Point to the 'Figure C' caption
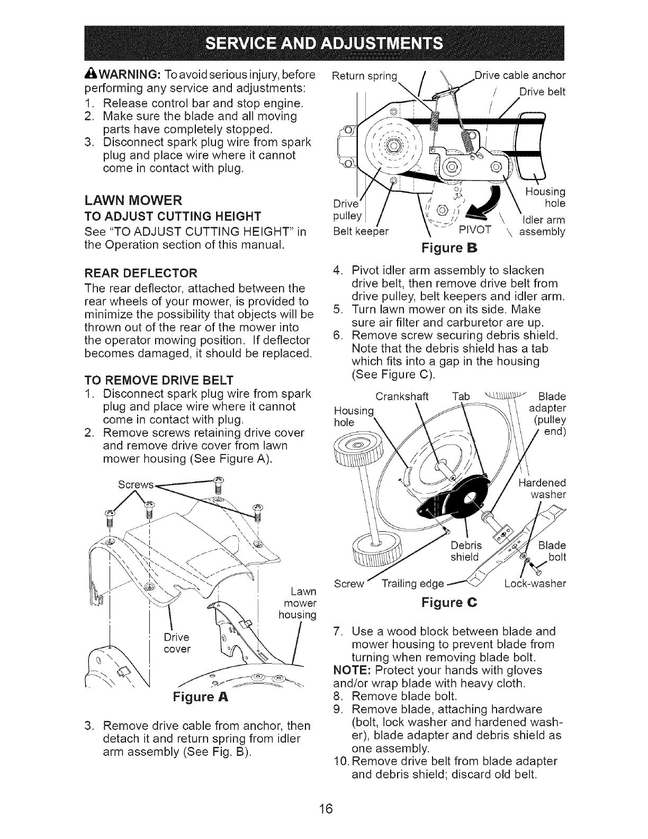point(449,602)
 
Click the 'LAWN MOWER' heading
point(133,200)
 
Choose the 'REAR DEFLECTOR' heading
point(140,273)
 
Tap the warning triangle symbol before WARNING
point(89,73)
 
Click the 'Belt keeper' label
point(360,231)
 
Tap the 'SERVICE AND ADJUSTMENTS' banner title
point(324,43)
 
